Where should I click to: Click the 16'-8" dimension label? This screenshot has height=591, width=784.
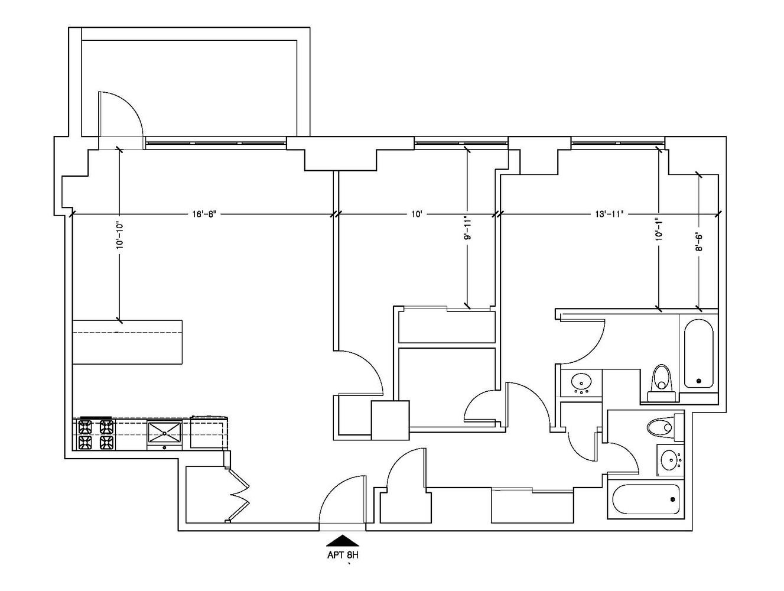click(x=202, y=214)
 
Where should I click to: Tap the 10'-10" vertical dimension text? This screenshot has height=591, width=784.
click(x=119, y=235)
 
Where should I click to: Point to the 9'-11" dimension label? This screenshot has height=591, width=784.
click(x=467, y=228)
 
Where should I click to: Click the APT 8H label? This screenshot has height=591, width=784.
click(x=343, y=555)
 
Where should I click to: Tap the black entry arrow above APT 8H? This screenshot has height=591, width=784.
click(x=343, y=540)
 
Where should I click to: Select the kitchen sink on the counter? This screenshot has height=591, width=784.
click(x=164, y=433)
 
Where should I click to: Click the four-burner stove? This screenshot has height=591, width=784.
click(x=95, y=434)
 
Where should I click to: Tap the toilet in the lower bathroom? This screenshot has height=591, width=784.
click(x=660, y=426)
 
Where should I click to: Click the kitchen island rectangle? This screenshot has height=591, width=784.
click(x=127, y=343)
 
